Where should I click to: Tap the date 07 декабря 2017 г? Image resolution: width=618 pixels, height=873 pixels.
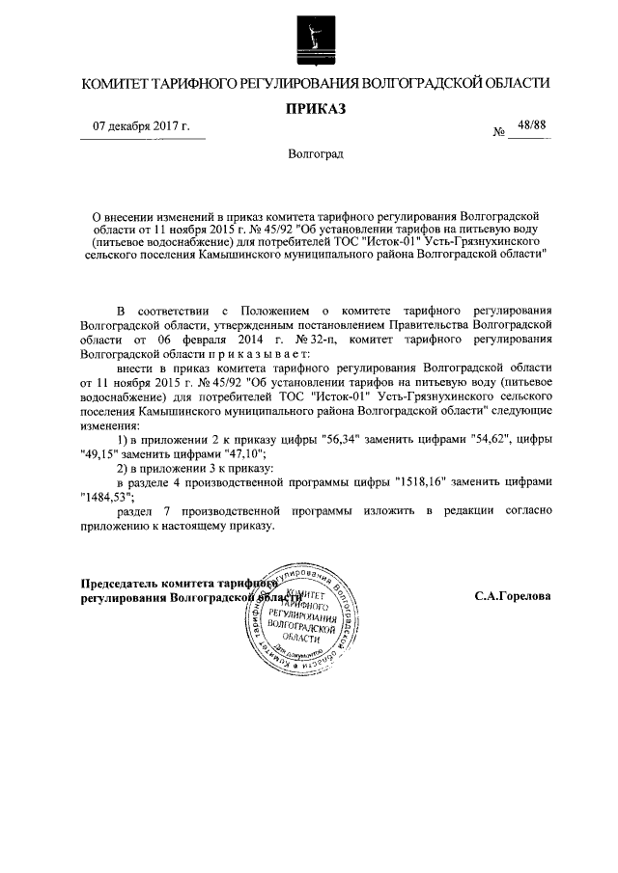(141, 126)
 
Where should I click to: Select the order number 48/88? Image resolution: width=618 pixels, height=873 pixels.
(531, 125)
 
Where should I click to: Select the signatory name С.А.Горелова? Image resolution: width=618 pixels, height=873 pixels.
(513, 596)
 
